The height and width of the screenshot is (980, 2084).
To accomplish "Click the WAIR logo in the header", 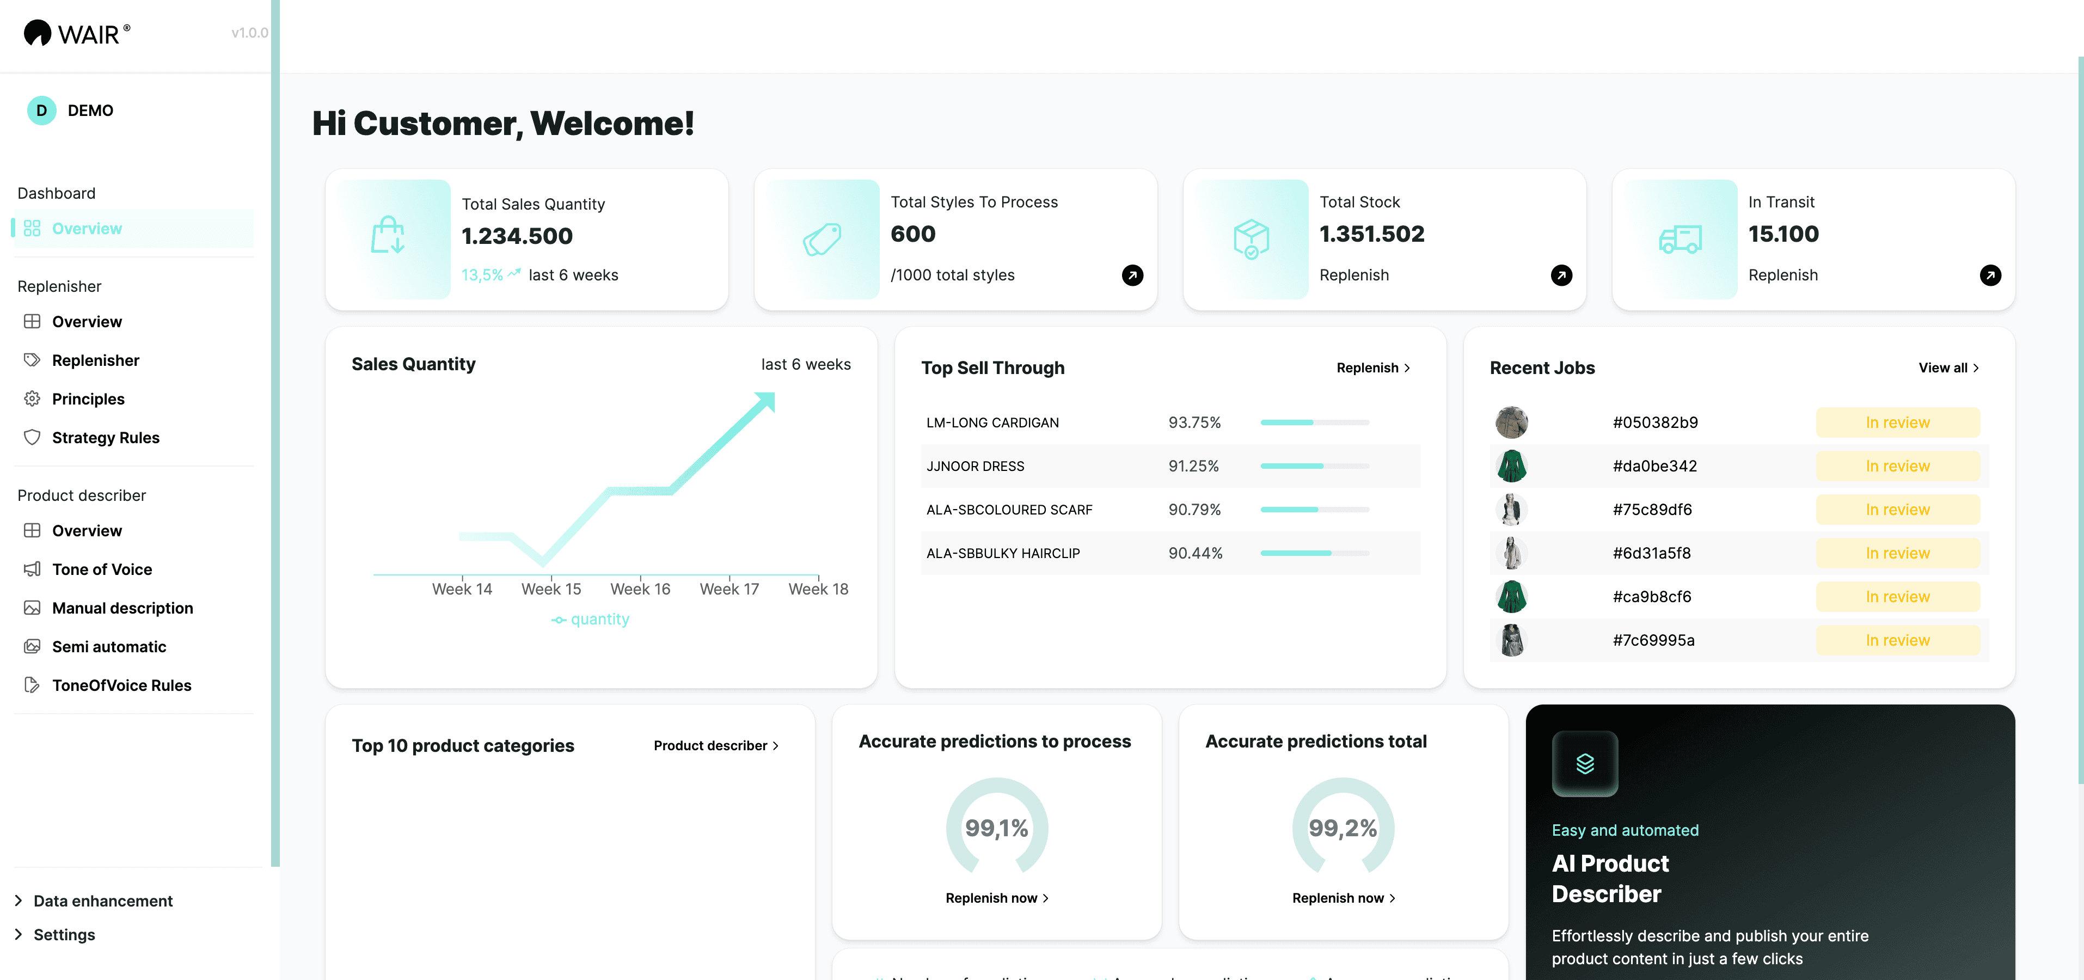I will (x=77, y=33).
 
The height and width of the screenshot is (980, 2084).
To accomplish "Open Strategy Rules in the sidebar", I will (x=105, y=438).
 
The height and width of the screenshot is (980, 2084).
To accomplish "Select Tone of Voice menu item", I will (x=102, y=569).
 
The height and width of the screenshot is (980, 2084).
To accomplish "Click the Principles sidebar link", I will (x=88, y=399).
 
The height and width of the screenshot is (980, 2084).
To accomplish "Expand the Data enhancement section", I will (x=103, y=901).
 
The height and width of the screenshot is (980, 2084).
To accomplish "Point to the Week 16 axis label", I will (x=640, y=589).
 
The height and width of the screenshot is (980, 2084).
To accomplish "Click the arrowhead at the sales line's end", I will (x=765, y=401).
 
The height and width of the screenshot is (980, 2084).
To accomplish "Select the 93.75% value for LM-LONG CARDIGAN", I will (x=1194, y=422).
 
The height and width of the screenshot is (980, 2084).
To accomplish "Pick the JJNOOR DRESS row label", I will (x=975, y=466).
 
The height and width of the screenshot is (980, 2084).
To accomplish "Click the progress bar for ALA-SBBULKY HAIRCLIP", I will (x=1314, y=554).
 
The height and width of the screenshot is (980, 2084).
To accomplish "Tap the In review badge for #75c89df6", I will (x=1897, y=510).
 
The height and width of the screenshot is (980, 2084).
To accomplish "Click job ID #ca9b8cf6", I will (x=1652, y=596).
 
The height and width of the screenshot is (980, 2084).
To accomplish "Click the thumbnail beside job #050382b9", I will (x=1511, y=422).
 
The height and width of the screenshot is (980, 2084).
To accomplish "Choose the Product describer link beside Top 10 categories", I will (x=716, y=745).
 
